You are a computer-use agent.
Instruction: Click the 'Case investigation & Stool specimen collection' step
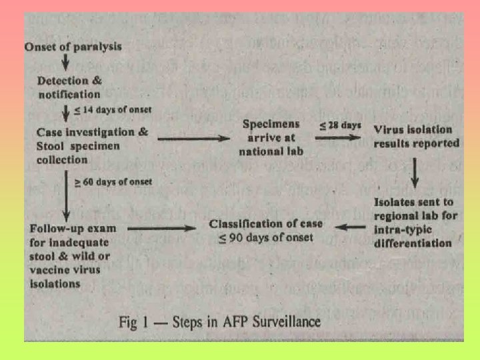(x=93, y=145)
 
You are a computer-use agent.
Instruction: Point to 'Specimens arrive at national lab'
(x=271, y=137)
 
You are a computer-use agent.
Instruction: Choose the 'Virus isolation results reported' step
(x=417, y=136)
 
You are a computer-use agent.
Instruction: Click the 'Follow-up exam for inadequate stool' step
(x=74, y=255)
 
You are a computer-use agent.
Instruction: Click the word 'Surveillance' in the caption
(x=281, y=323)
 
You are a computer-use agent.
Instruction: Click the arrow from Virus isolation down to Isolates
(x=415, y=173)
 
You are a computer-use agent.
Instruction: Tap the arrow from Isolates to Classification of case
(x=349, y=228)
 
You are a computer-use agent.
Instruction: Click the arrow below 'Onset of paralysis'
(x=65, y=62)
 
